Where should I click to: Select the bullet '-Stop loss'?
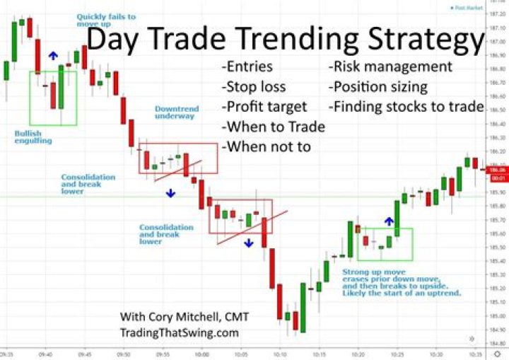(x=254, y=87)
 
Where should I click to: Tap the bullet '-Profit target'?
(x=264, y=107)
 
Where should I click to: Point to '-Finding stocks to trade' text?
(x=406, y=107)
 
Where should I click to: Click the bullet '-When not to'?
(x=267, y=147)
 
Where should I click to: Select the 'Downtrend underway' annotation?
(x=177, y=113)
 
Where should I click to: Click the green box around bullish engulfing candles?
(x=52, y=98)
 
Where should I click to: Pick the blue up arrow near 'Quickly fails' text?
(x=52, y=55)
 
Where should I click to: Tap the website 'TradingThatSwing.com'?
(x=179, y=333)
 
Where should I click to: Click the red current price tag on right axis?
(x=497, y=173)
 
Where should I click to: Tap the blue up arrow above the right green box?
(x=388, y=221)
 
